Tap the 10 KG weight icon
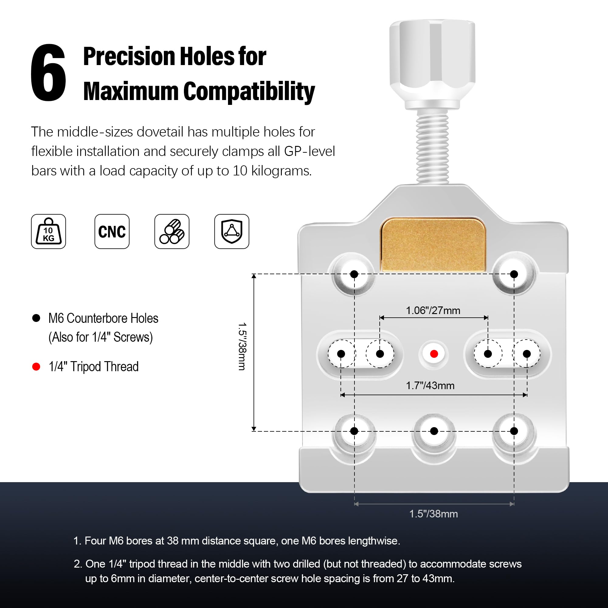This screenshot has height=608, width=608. click(x=48, y=231)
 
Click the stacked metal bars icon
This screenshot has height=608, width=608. click(x=172, y=231)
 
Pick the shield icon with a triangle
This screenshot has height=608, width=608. click(x=232, y=231)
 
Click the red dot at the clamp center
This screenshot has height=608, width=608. click(x=434, y=354)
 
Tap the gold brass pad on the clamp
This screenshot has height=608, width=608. click(x=433, y=244)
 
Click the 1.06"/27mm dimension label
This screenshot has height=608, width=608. click(x=433, y=311)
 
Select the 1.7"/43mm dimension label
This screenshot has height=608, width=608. click(x=430, y=385)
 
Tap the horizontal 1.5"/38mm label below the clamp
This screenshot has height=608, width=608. click(x=433, y=514)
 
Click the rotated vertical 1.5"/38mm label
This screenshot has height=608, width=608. click(x=242, y=347)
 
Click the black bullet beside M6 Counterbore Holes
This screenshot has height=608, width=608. click(x=36, y=318)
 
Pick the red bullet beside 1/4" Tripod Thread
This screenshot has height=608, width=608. click(x=36, y=367)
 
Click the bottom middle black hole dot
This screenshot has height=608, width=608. click(x=434, y=431)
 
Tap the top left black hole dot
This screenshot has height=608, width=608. click(x=354, y=274)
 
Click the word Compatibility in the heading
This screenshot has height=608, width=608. click(x=249, y=91)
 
